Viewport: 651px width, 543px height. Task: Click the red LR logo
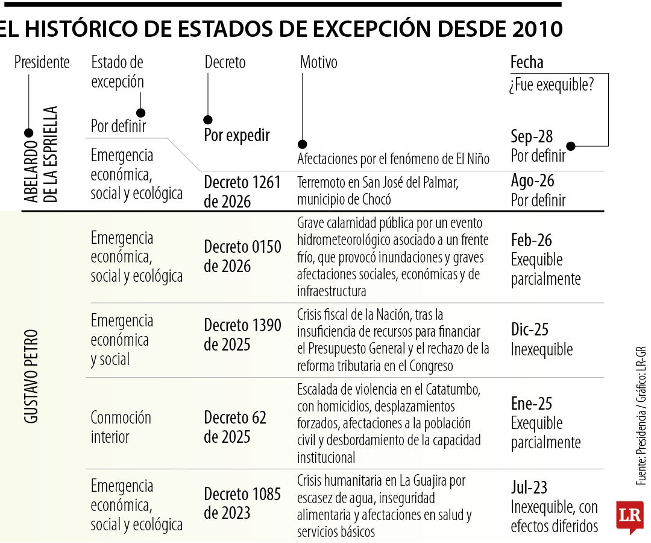point(630,516)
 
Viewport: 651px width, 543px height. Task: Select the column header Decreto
point(225,62)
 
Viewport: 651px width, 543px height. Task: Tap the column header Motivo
point(318,62)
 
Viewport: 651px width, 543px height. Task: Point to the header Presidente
point(42,62)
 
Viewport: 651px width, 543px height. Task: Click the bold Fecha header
point(527,62)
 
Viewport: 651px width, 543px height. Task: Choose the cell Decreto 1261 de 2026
point(242,192)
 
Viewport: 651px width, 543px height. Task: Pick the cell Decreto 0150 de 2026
point(242,256)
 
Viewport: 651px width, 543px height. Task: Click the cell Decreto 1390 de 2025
point(242,335)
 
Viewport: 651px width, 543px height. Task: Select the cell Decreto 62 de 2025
point(235,427)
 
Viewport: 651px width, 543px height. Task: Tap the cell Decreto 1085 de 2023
point(242,504)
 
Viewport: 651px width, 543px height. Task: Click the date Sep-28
point(532,136)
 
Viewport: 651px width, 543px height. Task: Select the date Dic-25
point(530,329)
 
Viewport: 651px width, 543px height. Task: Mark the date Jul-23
point(529,487)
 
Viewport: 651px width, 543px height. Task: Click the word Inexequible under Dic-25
point(542,349)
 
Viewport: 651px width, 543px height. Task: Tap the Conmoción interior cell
point(121,427)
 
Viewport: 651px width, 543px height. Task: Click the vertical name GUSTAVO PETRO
point(31,376)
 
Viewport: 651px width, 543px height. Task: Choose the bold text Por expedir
point(237,135)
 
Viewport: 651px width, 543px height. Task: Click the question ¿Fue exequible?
point(552,84)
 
